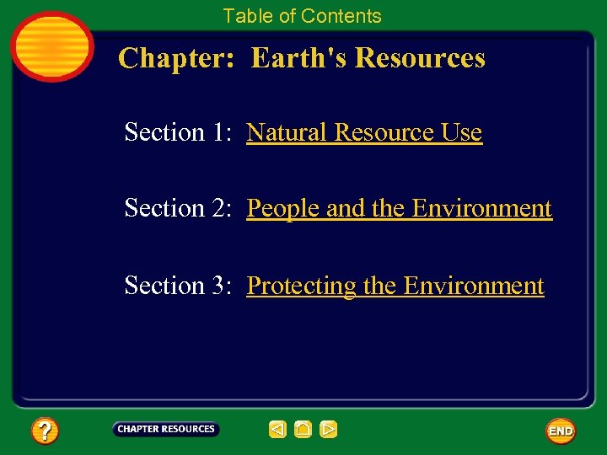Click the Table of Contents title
(x=302, y=16)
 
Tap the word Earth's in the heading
(x=299, y=58)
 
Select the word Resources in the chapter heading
(x=420, y=58)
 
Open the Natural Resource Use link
(x=364, y=133)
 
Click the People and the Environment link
(x=399, y=208)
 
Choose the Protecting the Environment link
(x=395, y=286)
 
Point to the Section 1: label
(x=177, y=133)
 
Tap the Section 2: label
(x=177, y=208)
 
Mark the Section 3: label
(x=177, y=286)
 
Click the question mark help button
(x=45, y=431)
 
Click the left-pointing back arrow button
(x=277, y=430)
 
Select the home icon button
(x=303, y=430)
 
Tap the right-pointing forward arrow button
(x=329, y=430)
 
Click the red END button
(x=561, y=431)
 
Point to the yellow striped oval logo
(x=51, y=45)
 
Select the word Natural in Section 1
(x=287, y=133)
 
